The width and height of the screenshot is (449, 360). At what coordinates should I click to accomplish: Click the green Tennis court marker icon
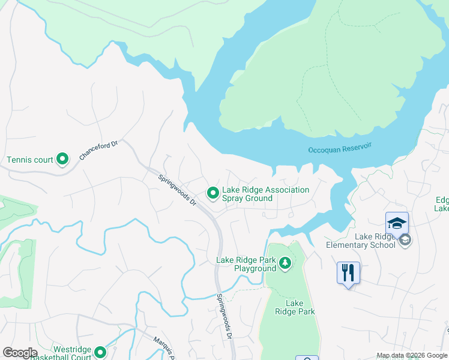[62, 160]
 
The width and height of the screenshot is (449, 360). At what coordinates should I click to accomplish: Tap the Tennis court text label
[29, 160]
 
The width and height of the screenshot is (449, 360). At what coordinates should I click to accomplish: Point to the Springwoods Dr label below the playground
[224, 316]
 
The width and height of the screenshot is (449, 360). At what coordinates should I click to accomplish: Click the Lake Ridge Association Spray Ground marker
[212, 193]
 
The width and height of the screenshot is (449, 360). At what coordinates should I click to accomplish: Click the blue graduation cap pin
[397, 223]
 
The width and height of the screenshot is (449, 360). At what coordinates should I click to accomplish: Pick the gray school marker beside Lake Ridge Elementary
[405, 240]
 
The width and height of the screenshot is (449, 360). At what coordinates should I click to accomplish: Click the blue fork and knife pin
[348, 273]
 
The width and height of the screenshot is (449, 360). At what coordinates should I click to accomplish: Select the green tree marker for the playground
[285, 263]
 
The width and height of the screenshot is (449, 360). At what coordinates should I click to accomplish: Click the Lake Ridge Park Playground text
[246, 264]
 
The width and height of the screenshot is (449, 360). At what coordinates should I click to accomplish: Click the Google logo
[20, 352]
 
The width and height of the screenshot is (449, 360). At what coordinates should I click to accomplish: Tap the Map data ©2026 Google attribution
[411, 355]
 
